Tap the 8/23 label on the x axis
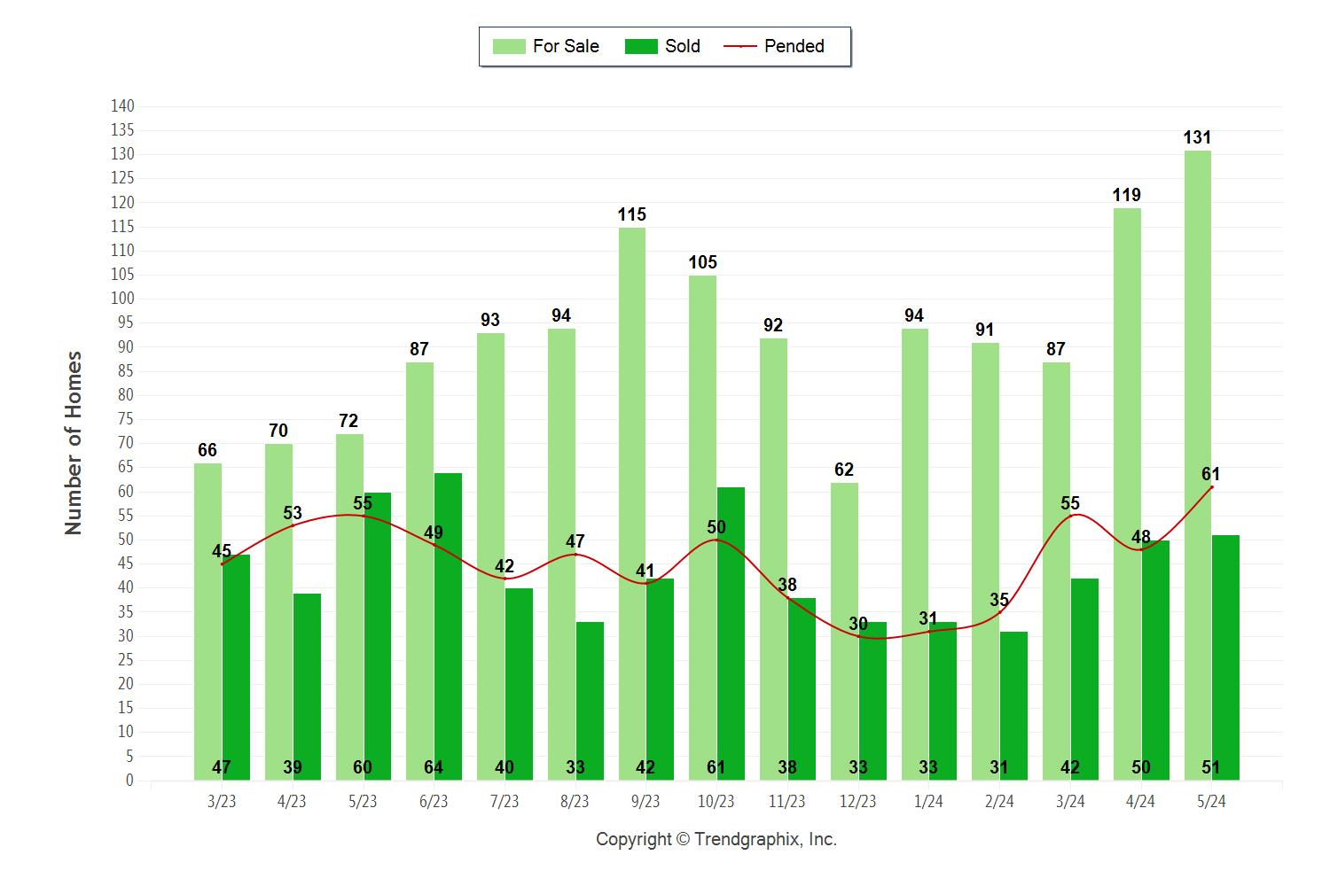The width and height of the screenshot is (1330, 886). tap(575, 801)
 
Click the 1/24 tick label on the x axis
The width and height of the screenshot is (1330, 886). tap(928, 801)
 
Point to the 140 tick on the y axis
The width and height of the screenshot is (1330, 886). tap(122, 106)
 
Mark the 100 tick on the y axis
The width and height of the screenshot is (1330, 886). tap(122, 299)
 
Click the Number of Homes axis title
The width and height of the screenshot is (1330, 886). tap(74, 443)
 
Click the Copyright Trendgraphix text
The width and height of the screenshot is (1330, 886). tap(716, 839)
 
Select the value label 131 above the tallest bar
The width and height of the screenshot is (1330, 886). tap(1197, 137)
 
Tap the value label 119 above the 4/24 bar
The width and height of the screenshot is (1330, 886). tap(1126, 195)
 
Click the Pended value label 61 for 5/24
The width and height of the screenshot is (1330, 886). tap(1210, 474)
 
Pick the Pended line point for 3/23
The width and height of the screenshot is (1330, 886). tap(222, 563)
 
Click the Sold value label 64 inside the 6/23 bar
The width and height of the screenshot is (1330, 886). tap(434, 767)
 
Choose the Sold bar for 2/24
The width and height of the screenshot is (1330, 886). tap(1013, 705)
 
